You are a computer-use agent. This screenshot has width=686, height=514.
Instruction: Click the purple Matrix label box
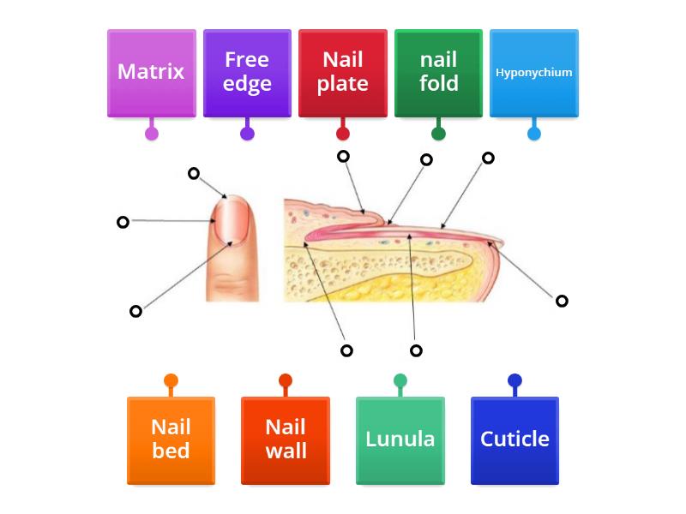(x=151, y=73)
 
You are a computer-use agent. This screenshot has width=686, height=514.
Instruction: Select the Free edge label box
(x=247, y=73)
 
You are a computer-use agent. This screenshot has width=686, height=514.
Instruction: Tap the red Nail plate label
(x=342, y=73)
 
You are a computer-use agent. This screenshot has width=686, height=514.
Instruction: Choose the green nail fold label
(x=438, y=73)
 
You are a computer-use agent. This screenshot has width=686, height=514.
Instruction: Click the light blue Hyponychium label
(x=533, y=73)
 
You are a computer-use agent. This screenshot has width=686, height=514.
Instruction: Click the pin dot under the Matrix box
(x=152, y=133)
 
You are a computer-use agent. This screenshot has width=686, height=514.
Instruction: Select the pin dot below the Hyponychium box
(x=534, y=133)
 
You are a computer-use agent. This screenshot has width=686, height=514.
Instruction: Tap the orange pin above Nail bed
(x=171, y=381)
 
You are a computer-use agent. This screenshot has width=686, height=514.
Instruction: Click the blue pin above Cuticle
(x=514, y=381)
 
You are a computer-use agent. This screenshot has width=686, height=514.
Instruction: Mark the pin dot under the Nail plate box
(x=343, y=133)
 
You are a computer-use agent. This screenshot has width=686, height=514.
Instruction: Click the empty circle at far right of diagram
(x=562, y=301)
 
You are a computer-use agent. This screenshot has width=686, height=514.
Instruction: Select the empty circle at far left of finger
(x=123, y=222)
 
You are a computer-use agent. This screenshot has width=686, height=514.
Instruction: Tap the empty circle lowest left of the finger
(x=135, y=311)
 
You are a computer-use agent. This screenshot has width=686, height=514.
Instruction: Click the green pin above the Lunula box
(x=400, y=381)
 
